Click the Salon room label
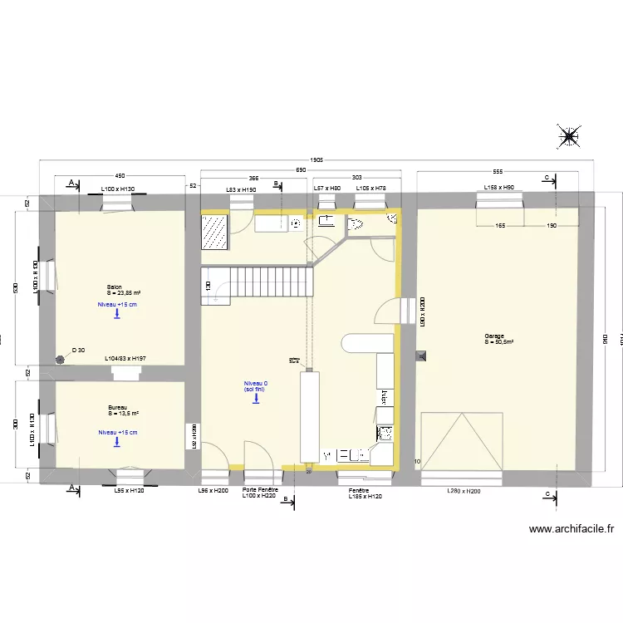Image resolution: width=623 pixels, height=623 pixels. click(115, 287)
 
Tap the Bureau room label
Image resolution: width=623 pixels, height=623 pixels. click(117, 408)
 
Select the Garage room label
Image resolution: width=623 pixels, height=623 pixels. click(495, 336)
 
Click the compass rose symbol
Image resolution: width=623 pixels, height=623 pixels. click(570, 137)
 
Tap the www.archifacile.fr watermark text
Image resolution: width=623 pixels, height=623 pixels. click(571, 528)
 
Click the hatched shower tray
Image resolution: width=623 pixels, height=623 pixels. click(215, 232)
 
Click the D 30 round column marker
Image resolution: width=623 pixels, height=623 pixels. click(60, 360)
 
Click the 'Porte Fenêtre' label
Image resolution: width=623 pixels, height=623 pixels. click(260, 490)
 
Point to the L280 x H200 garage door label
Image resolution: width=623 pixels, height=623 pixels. click(463, 492)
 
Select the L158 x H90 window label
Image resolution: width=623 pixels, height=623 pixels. click(498, 189)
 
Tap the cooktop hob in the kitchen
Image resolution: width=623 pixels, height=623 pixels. click(385, 433)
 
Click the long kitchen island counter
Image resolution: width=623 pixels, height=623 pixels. click(310, 415)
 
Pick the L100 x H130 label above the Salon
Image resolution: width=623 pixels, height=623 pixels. click(117, 189)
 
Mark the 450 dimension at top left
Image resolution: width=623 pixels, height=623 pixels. click(120, 176)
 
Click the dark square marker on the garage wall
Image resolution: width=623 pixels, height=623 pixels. click(421, 356)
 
